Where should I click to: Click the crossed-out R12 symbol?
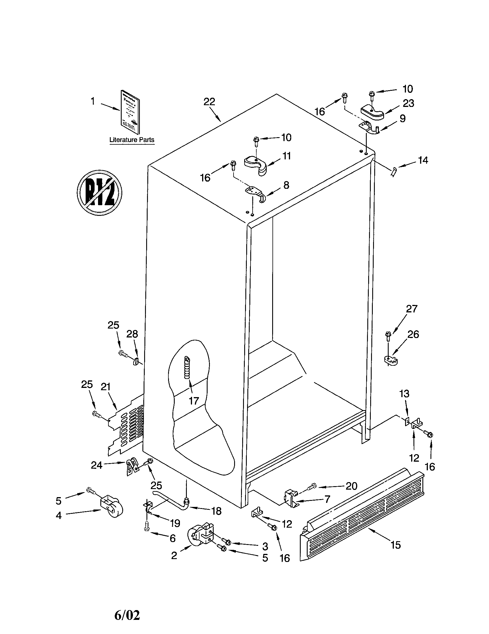[x=99, y=193]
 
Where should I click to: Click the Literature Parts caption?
[x=131, y=140]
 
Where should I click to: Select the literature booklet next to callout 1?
[x=130, y=112]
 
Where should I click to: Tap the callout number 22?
[x=209, y=102]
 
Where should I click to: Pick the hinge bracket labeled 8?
[x=255, y=193]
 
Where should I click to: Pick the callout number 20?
[x=351, y=486]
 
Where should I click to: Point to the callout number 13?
[x=404, y=394]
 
